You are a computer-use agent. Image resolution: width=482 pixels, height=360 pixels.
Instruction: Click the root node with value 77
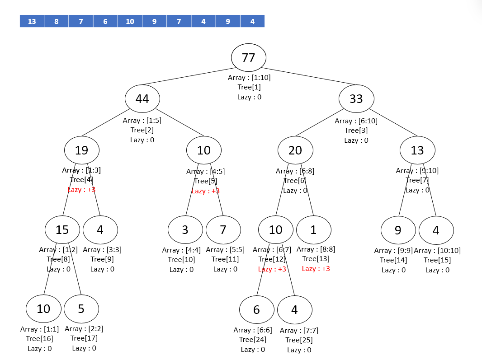[x=248, y=58]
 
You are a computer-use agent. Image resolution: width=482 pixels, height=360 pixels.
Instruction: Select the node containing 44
[x=142, y=98]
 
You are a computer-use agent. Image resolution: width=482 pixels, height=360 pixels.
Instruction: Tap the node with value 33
[x=356, y=98]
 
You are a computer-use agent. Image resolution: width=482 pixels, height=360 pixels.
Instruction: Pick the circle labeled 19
[x=81, y=150]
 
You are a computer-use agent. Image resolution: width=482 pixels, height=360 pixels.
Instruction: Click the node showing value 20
[x=295, y=150]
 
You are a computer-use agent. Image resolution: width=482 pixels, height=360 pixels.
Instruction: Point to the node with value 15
[x=62, y=229]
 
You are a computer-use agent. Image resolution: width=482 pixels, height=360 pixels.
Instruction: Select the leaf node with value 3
[x=185, y=230]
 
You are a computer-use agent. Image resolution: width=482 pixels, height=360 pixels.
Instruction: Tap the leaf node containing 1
[x=313, y=230]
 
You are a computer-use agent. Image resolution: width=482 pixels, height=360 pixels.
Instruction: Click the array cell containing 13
[x=32, y=21]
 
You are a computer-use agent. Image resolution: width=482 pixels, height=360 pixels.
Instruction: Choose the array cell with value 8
[x=57, y=21]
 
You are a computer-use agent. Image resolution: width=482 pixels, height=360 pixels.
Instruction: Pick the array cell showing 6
[x=105, y=21]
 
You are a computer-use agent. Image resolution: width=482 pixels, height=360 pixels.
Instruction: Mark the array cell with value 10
[x=130, y=21]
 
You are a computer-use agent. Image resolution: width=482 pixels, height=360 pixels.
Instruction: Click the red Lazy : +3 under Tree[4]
[x=81, y=190]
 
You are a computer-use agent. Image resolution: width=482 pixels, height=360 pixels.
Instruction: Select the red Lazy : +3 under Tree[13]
[x=316, y=269]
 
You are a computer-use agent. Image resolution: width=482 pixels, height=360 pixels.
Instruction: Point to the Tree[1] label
[x=249, y=87]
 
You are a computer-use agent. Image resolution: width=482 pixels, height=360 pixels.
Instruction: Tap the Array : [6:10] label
[x=356, y=121]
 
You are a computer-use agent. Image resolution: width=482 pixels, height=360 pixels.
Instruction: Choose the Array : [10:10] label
[x=437, y=251]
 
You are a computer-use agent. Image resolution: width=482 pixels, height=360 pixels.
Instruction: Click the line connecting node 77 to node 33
[x=307, y=77]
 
